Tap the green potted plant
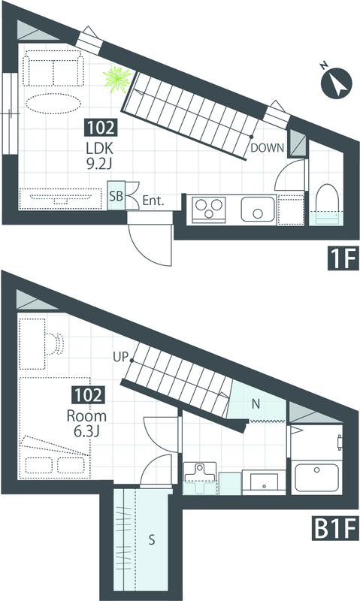118,80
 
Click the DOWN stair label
268,148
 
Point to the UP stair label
120,358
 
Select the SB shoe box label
116,196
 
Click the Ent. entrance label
153,201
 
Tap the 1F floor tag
343,258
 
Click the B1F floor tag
334,528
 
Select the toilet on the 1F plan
326,204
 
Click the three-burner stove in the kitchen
210,210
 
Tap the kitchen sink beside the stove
259,209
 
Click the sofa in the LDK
53,71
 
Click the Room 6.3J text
86,424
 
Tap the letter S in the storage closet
152,540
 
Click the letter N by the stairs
256,403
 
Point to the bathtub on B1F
315,477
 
